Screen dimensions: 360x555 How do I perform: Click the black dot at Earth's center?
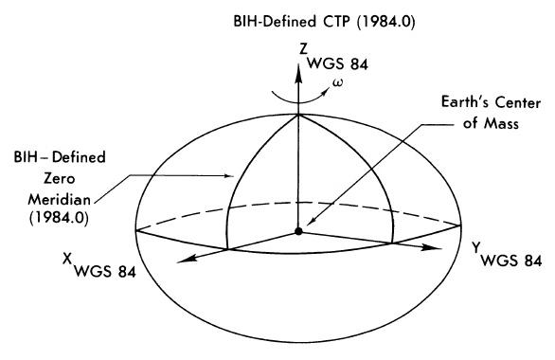tap(298, 231)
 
